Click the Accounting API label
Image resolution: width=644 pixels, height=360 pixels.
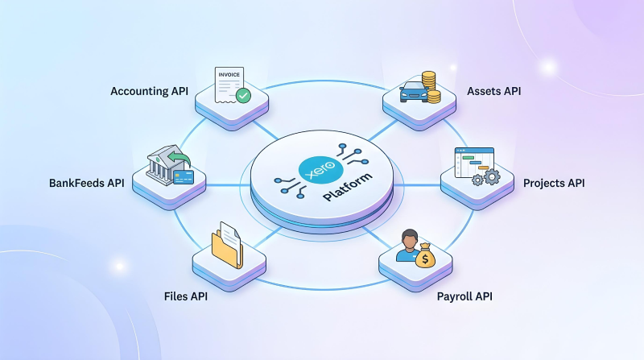click(x=149, y=91)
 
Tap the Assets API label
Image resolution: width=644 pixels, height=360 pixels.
click(x=493, y=91)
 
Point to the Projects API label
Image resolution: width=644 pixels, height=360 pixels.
click(x=553, y=183)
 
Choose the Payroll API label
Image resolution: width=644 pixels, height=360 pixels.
click(x=464, y=296)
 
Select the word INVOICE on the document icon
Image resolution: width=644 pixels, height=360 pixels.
click(x=229, y=73)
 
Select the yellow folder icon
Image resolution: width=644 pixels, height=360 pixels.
click(x=227, y=247)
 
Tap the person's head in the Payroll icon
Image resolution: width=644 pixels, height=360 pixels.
click(x=407, y=238)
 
